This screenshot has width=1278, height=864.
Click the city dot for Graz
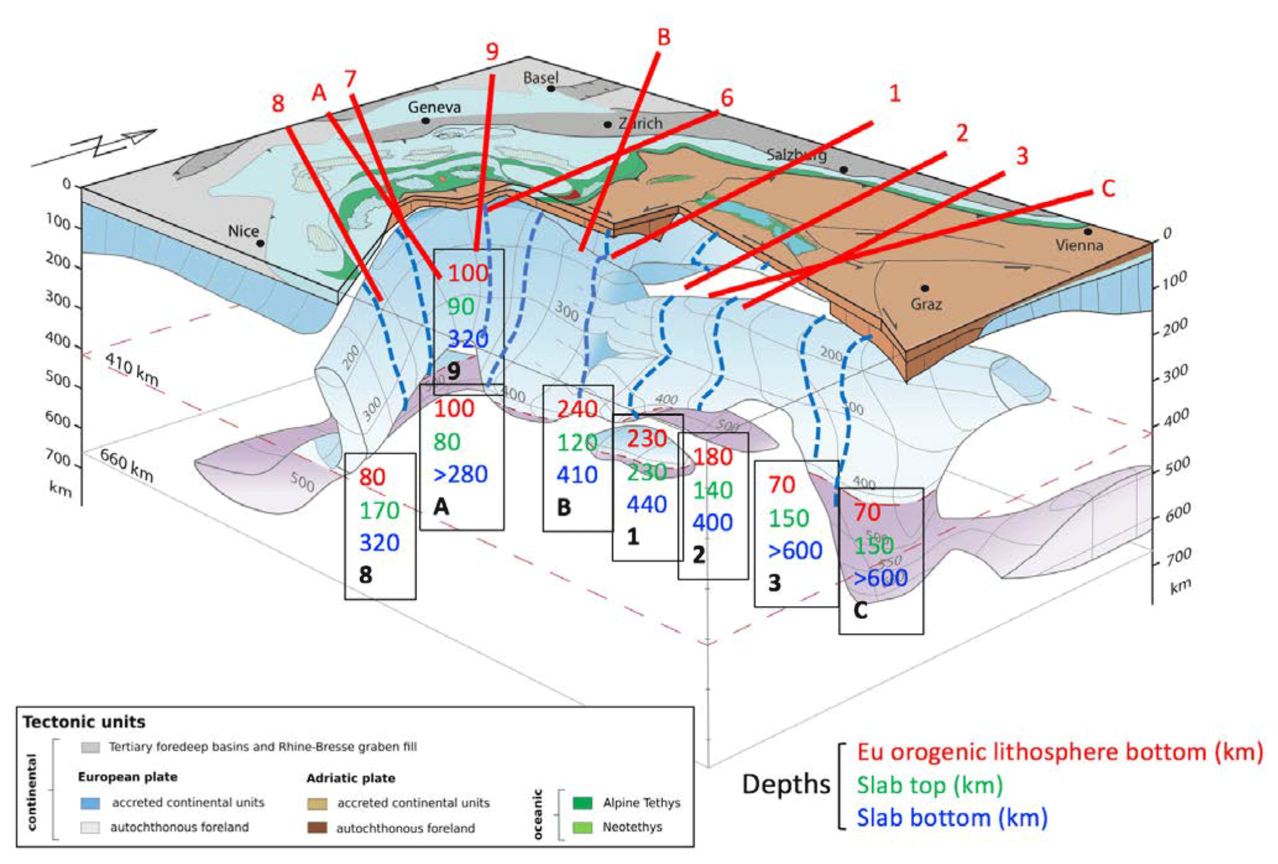coord(924,288)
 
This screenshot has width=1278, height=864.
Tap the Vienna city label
coord(1079,245)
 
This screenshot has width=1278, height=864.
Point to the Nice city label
coord(243,231)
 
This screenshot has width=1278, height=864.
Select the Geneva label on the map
coord(434,107)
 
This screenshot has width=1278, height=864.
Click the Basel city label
coord(540,78)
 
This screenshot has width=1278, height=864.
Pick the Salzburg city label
coord(796,154)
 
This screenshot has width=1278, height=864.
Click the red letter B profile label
coord(664,37)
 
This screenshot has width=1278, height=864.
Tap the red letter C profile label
coord(1109,189)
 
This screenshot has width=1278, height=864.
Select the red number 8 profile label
coord(278,104)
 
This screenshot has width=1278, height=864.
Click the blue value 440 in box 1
coord(646,504)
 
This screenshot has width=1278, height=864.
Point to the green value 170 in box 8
coord(379,510)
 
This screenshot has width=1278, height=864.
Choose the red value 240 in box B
coord(577,409)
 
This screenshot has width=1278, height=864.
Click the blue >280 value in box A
coord(461,474)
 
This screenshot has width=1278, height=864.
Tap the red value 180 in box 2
coord(713,457)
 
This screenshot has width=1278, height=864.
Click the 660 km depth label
coord(127,465)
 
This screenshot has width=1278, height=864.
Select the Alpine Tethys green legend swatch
coord(582,803)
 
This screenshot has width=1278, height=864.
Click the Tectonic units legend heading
coord(84,722)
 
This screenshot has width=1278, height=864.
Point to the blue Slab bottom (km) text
coord(952,818)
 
